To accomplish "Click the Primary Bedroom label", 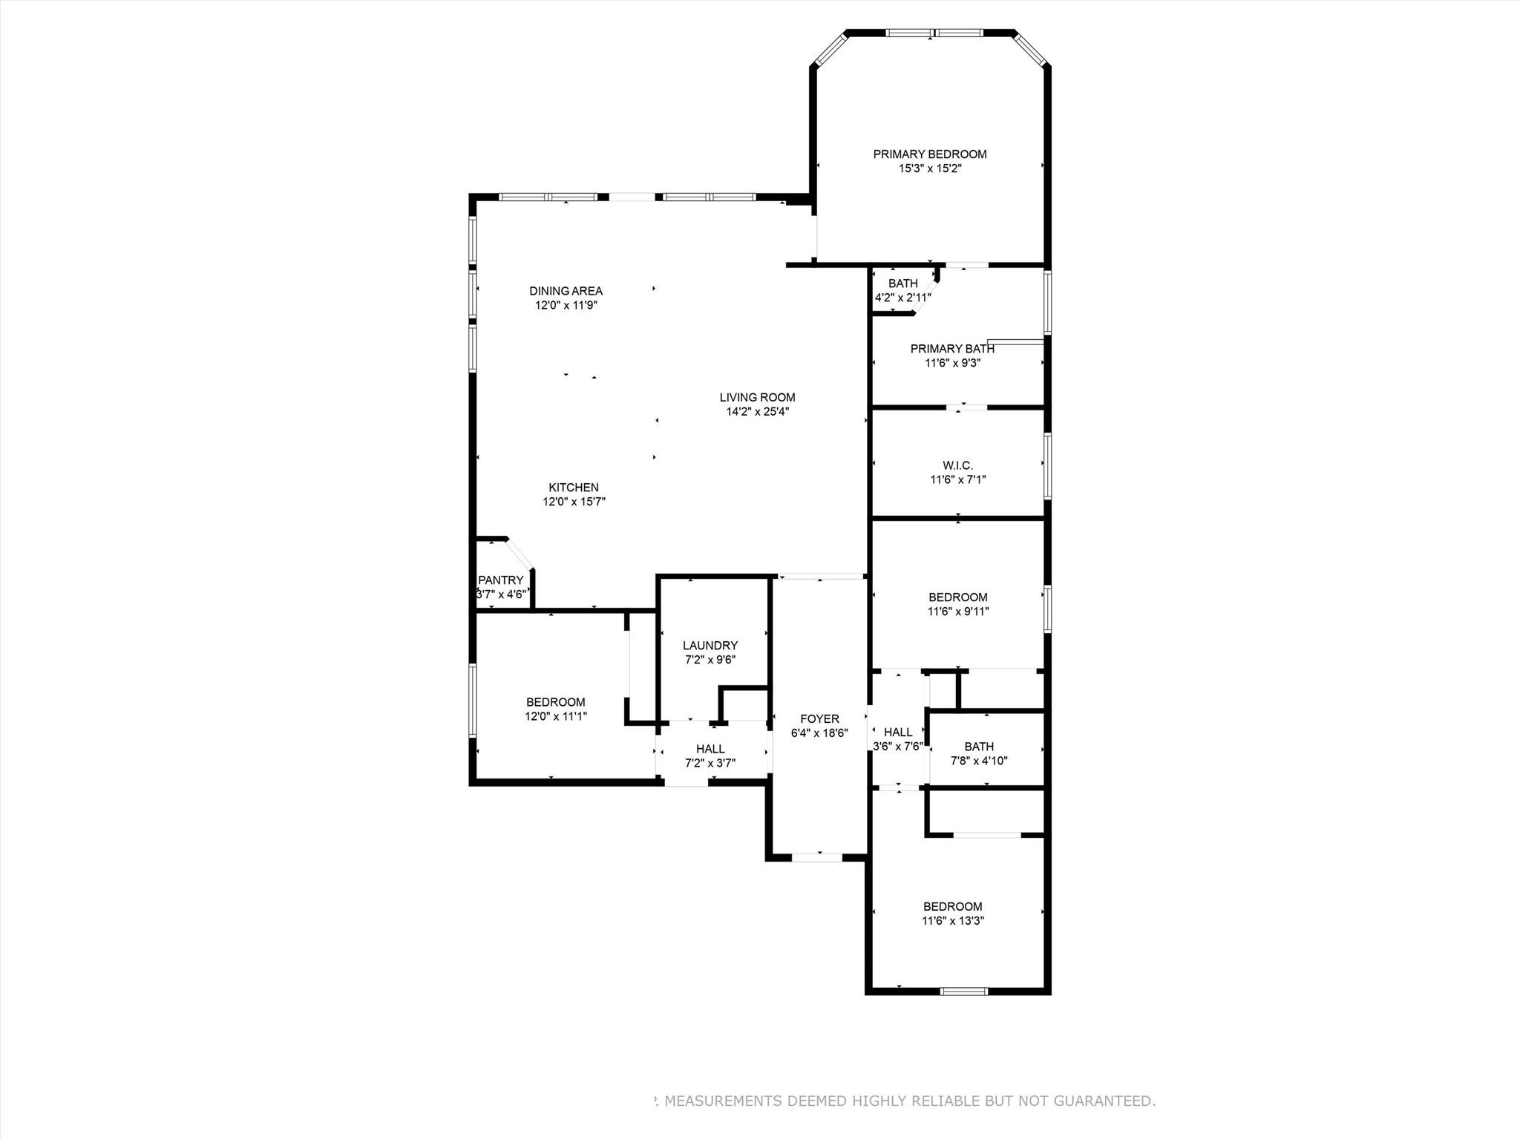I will tap(929, 154).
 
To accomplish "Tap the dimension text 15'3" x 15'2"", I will tap(929, 168).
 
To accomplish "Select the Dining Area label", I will tap(566, 291).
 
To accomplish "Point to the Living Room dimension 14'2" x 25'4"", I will tap(757, 411).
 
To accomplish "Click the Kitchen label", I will tap(573, 488).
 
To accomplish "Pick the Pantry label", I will tap(500, 580).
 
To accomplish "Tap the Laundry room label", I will tap(710, 646).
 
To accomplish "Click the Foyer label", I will tap(819, 718).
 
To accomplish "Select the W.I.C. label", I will tap(957, 465).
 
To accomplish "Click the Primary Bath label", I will tap(952, 349).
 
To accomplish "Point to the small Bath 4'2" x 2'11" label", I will tap(902, 284).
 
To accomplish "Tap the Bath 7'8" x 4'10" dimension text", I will tap(979, 761).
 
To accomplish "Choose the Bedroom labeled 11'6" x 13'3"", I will tap(952, 906).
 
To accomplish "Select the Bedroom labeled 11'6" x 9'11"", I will tap(957, 597).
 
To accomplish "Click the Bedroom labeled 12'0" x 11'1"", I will tap(555, 702).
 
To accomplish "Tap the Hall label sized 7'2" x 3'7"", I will tap(710, 749).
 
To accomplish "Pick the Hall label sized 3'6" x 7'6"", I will tap(897, 733).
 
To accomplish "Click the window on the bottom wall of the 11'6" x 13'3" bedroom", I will tap(963, 991).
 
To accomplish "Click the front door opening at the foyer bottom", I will tap(816, 857).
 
